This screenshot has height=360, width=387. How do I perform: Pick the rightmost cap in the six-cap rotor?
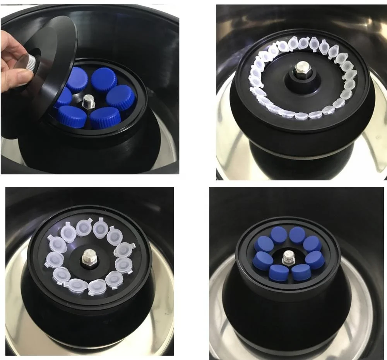pos(120,97)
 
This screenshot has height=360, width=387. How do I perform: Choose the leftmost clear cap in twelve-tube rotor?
pos(53,259)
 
